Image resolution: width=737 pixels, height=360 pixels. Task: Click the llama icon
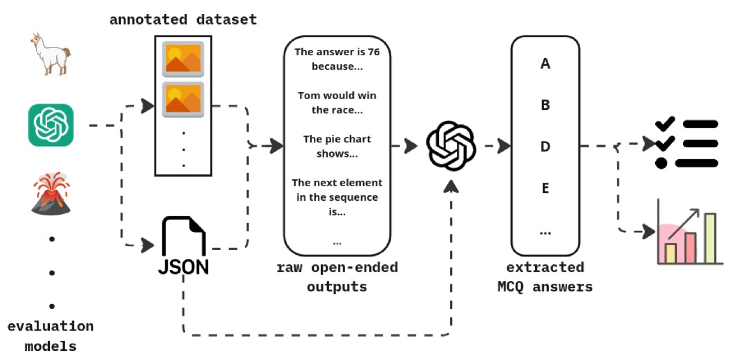(x=50, y=54)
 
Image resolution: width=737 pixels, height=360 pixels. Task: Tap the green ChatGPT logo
(x=51, y=125)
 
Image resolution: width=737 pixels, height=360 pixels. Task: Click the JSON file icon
(x=183, y=246)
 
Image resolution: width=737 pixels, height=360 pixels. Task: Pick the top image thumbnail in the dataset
(x=183, y=58)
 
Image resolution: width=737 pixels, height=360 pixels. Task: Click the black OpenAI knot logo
(x=451, y=146)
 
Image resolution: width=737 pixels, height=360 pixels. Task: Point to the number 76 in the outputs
(x=373, y=52)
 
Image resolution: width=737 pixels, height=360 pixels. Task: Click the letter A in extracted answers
(x=545, y=64)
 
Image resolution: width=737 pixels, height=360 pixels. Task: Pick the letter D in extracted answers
(x=545, y=146)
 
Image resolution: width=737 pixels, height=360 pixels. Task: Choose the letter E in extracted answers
(x=545, y=188)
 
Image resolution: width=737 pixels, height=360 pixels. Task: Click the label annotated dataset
(x=183, y=20)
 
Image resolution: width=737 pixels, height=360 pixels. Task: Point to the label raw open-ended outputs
(x=337, y=277)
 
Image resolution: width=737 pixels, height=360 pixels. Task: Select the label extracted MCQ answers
(x=545, y=277)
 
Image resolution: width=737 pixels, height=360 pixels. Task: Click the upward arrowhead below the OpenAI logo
(x=451, y=187)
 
